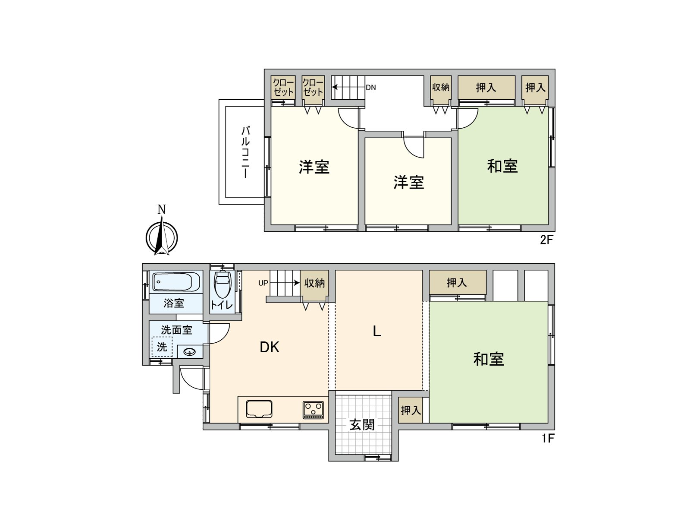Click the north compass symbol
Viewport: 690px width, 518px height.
coord(162,237)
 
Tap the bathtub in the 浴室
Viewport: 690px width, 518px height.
coord(176,282)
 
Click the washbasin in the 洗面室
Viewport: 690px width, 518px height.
coord(189,352)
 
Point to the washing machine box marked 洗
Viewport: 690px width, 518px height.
coord(162,347)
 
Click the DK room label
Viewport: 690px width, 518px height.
coord(270,347)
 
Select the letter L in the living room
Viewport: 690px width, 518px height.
coord(377,331)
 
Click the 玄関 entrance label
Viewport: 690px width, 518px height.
coord(362,425)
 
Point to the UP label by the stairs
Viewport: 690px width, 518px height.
coord(263,283)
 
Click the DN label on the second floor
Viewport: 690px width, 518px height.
coord(371,87)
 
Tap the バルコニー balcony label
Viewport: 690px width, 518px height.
coord(245,152)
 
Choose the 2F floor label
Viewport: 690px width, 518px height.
coord(546,240)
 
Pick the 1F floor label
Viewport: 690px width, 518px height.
coord(548,439)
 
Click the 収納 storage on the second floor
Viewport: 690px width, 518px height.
coord(441,88)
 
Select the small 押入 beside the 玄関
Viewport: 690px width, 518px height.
coord(411,410)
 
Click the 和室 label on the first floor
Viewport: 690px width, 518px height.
coord(489,359)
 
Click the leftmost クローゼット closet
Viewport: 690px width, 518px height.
coord(283,88)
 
